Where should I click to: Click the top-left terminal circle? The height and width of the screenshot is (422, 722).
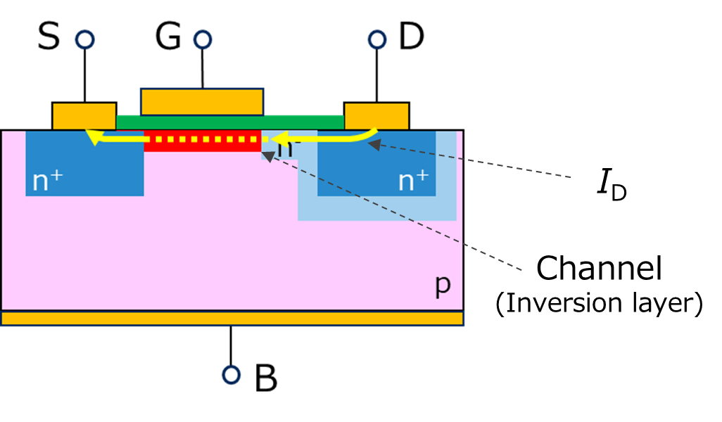tap(85, 39)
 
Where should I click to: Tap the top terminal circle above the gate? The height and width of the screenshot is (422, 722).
tap(203, 39)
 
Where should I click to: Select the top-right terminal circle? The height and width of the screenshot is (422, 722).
tap(377, 39)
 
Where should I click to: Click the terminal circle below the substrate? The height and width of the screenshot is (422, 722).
tap(232, 375)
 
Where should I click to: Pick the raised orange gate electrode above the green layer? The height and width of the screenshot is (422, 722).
tap(202, 101)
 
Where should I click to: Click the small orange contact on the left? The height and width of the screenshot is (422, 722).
tap(84, 116)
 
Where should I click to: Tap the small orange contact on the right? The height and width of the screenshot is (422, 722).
tap(376, 116)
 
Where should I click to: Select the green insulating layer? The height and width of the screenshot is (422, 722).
tap(303, 122)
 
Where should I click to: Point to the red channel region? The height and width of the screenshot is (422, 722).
tap(203, 146)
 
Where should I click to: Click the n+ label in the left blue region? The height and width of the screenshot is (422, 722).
tap(47, 181)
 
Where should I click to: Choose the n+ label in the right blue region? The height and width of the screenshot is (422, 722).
tap(413, 181)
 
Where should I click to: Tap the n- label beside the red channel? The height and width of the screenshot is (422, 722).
tap(285, 148)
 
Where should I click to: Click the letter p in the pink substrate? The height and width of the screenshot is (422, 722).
tap(442, 285)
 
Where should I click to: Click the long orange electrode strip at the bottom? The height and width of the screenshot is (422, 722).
tap(232, 319)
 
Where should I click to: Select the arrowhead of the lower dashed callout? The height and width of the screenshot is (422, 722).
tap(269, 156)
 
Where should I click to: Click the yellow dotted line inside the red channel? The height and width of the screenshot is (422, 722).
tap(204, 139)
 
